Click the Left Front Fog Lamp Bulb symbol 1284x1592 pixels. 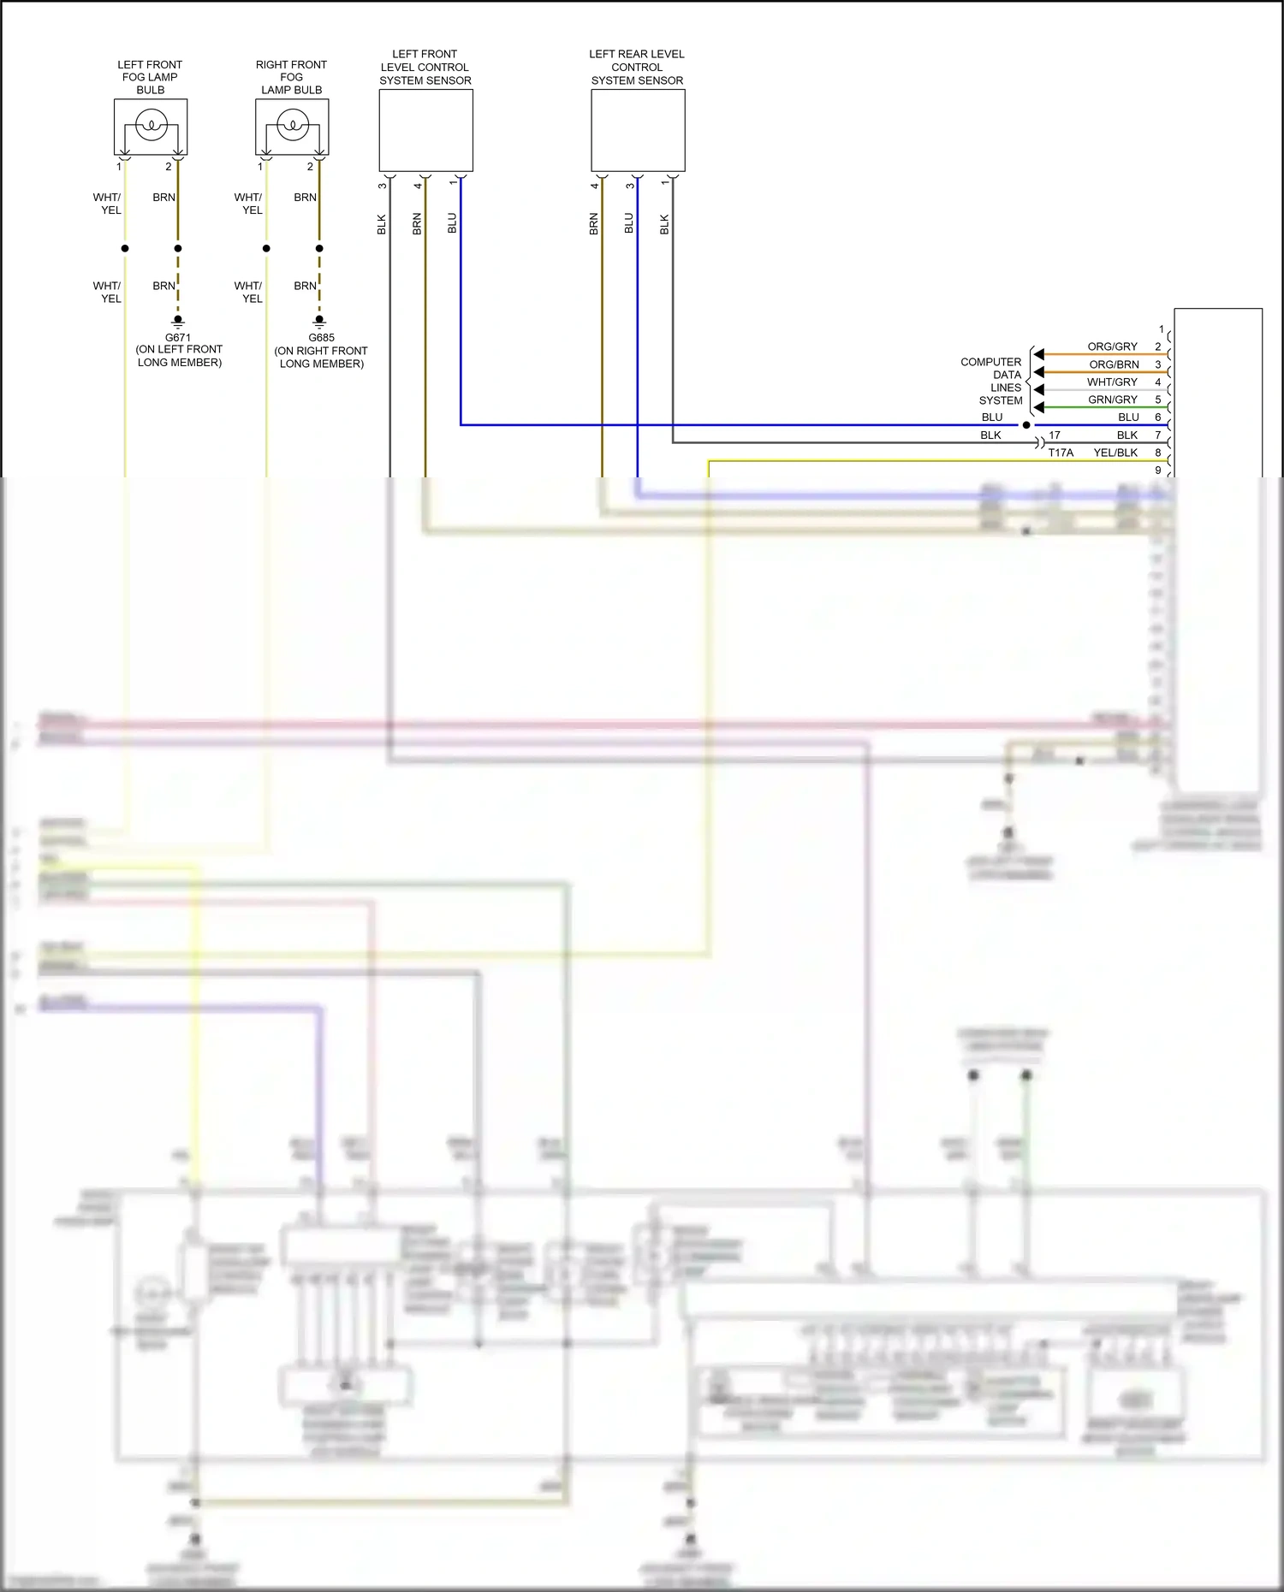[x=151, y=127]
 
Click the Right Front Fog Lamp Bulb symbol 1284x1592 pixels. [x=292, y=127]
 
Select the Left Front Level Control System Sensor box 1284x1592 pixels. [x=425, y=130]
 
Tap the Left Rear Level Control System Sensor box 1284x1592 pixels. [x=638, y=130]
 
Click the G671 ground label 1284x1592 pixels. [x=178, y=338]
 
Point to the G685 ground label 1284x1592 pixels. [x=321, y=338]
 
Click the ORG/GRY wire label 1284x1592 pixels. [x=1112, y=346]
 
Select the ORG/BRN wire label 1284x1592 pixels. [x=1114, y=364]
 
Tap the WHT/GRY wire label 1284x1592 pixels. [x=1112, y=382]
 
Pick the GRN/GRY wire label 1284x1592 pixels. [x=1112, y=399]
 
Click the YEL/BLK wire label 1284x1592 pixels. [x=1115, y=453]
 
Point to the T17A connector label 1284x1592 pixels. [x=1061, y=453]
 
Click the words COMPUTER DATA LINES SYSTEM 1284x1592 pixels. [x=991, y=381]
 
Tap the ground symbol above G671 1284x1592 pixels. [x=178, y=322]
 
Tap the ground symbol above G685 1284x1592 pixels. [x=319, y=322]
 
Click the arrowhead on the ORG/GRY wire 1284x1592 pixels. [x=1038, y=354]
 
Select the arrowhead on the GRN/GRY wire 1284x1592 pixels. [x=1038, y=407]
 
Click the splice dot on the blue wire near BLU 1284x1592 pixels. [x=1026, y=425]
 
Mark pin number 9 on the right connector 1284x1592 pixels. [x=1158, y=470]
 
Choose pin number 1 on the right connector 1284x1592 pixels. [x=1161, y=329]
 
